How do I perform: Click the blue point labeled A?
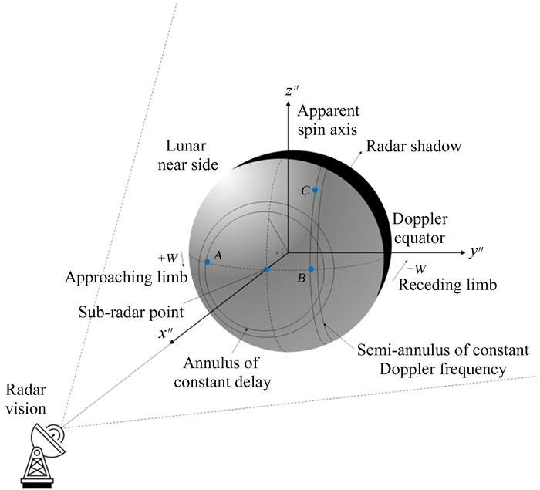coord(208,262)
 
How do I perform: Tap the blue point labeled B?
coord(311,269)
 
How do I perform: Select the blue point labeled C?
coord(315,190)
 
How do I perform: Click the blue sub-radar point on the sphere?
coord(266,269)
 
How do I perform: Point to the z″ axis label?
coord(292,91)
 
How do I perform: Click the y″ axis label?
coord(476,252)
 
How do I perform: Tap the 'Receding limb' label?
coord(447,286)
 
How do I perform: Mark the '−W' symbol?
coord(417,269)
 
